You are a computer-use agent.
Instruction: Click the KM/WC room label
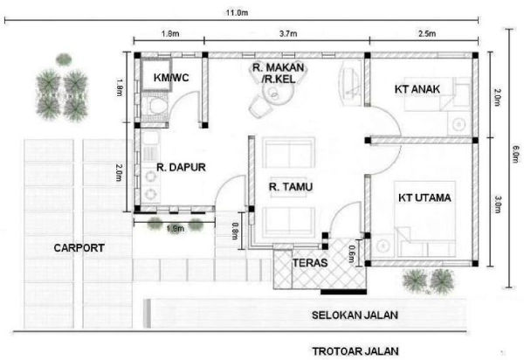point(171,78)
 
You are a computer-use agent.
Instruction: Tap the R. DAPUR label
point(181,167)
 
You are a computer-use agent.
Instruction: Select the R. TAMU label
point(291,187)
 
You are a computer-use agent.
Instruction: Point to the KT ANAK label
point(417,89)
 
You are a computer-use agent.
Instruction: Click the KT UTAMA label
point(424,197)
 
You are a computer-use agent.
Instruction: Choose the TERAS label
point(310,263)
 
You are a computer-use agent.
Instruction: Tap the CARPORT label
point(79,248)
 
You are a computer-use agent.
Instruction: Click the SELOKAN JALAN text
point(355,315)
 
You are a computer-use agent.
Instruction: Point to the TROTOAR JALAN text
point(355,351)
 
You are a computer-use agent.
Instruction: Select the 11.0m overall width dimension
point(237,13)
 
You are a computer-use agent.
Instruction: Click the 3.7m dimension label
point(288,34)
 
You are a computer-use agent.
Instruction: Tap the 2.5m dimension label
point(427,34)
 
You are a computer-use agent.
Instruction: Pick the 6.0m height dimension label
point(516,154)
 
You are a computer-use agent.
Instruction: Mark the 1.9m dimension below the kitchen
point(176,229)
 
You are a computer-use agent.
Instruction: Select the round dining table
point(278,93)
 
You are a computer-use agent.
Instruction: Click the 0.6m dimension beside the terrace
point(352,254)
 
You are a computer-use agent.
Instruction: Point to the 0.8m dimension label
point(235,232)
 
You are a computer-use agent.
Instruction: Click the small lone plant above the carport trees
point(64,59)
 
